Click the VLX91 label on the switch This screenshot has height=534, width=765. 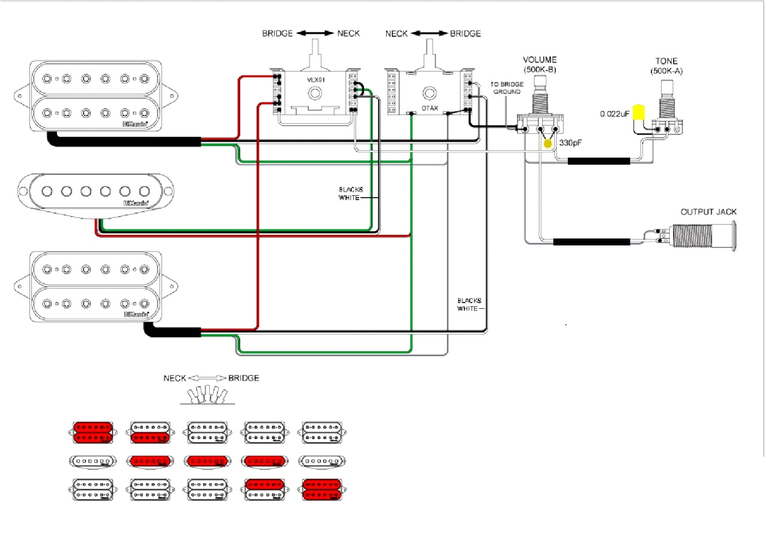tap(315, 80)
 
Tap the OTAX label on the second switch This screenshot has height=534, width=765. tap(430, 108)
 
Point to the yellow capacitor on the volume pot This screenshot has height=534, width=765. tap(548, 144)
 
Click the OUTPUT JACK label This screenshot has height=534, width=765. tap(708, 212)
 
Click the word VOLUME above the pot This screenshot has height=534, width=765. tap(540, 60)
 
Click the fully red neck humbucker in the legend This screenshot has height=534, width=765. tap(92, 431)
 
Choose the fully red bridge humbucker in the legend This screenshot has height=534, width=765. tap(323, 489)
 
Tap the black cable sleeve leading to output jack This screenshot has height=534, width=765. tap(591, 242)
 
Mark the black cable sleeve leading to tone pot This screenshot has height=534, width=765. tap(599, 161)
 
